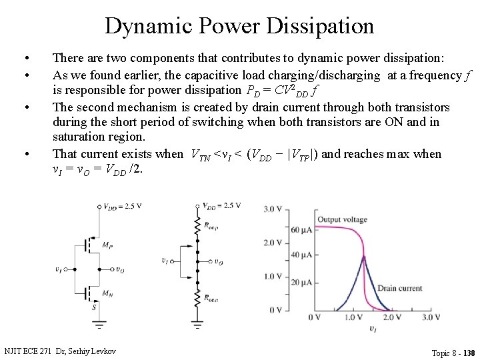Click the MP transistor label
point(106,246)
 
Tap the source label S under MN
point(94,307)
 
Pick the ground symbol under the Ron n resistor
point(197,325)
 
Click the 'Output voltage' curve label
point(342,220)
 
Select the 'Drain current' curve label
point(400,288)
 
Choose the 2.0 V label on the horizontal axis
point(393,317)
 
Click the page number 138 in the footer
point(469,353)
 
